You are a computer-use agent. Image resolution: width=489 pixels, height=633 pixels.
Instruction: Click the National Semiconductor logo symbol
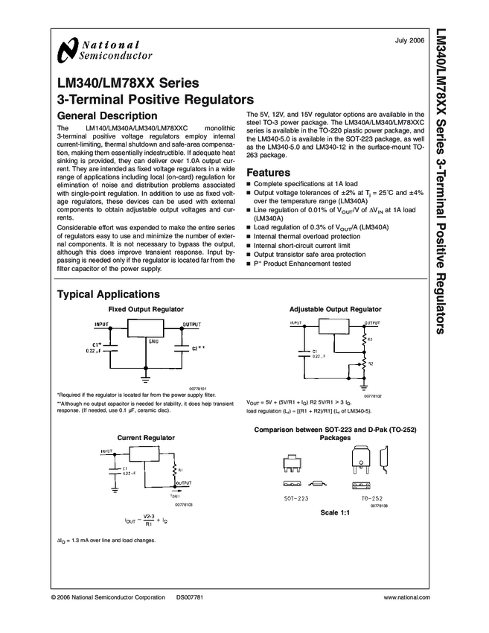[65, 51]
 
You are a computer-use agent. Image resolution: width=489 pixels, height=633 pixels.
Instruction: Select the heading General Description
[107, 116]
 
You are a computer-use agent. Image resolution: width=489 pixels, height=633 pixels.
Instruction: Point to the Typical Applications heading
[108, 294]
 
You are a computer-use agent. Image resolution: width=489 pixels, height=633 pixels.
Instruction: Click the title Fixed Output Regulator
[146, 308]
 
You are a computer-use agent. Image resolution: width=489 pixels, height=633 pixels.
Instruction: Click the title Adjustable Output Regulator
[335, 308]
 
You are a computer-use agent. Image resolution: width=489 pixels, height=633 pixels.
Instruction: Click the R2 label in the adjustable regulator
[371, 363]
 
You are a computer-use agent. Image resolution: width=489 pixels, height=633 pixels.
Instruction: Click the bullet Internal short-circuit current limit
[302, 245]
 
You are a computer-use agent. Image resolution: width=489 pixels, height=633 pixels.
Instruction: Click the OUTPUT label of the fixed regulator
[192, 325]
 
